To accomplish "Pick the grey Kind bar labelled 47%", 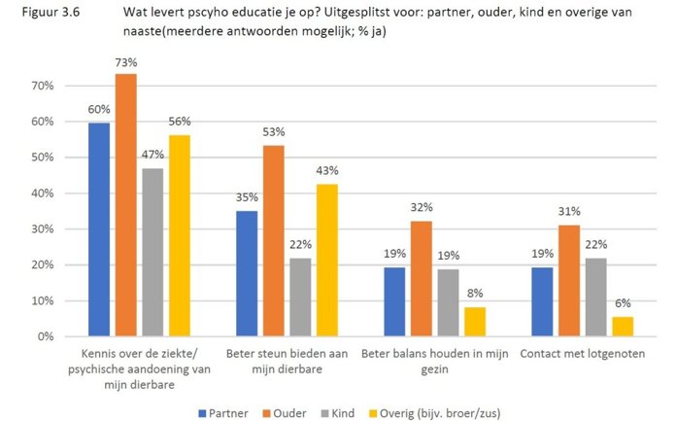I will (152, 252).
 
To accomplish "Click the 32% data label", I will (422, 208).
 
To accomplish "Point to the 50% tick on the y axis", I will (42, 158).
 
